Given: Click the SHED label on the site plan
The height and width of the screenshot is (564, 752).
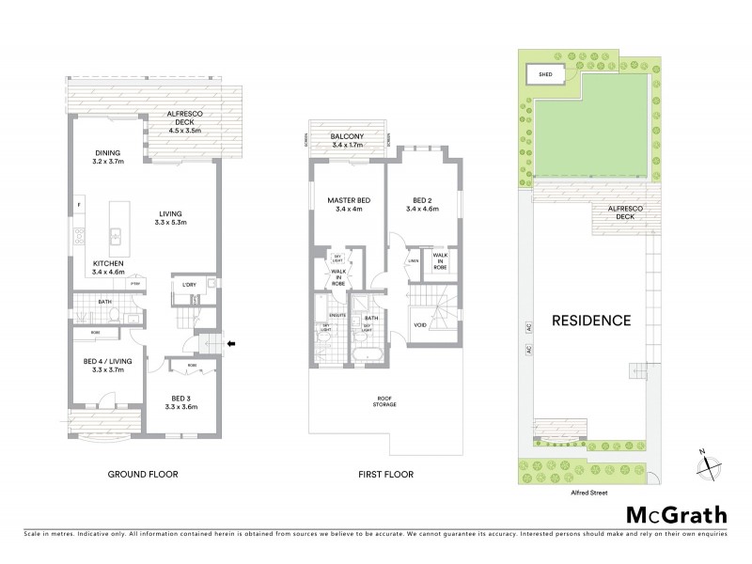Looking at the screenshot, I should point(545,74).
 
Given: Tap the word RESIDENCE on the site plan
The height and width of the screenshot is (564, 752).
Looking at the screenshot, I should point(590,321).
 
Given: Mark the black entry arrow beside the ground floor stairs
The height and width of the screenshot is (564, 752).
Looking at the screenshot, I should point(232,343).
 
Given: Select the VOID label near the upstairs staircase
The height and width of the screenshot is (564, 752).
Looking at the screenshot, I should point(419,326).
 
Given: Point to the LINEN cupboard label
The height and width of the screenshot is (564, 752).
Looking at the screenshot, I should point(414,261).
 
